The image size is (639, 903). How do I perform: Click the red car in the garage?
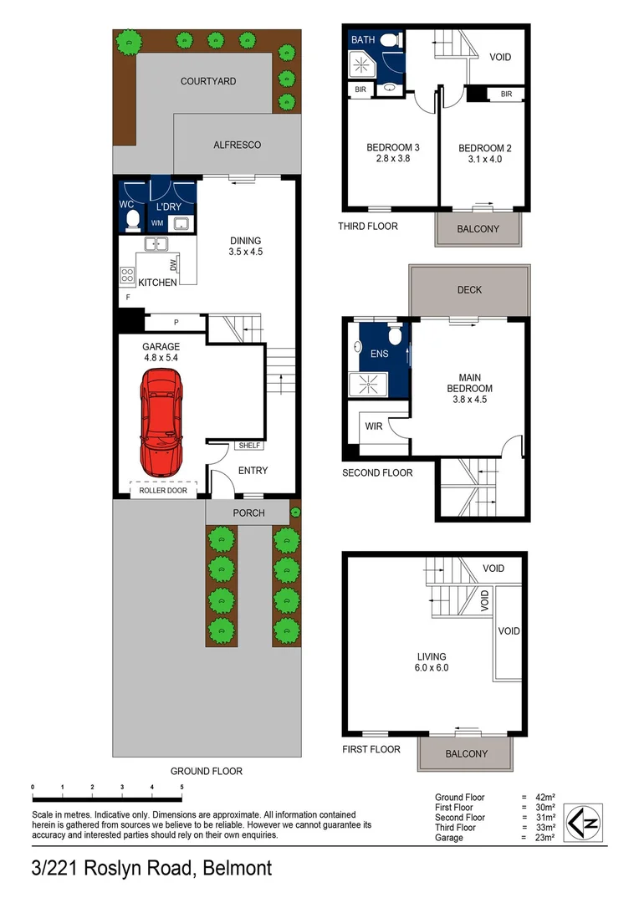(x=161, y=421)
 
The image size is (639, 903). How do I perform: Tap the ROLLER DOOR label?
(x=163, y=491)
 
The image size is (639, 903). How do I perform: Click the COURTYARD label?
(x=208, y=82)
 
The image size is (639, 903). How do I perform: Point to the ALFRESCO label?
(x=238, y=145)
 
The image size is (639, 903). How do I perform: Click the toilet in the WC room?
(x=132, y=220)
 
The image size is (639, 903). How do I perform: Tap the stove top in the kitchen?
(x=128, y=275)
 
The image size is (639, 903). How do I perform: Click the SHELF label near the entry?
(x=249, y=446)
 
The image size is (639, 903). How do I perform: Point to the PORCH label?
(x=248, y=513)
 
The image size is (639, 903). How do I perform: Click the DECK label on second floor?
(x=469, y=290)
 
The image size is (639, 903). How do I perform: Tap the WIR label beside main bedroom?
(x=374, y=426)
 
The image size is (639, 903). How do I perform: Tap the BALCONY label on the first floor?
(x=466, y=753)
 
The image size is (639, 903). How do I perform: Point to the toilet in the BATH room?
(x=388, y=40)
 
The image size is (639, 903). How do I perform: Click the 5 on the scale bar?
(x=181, y=788)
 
